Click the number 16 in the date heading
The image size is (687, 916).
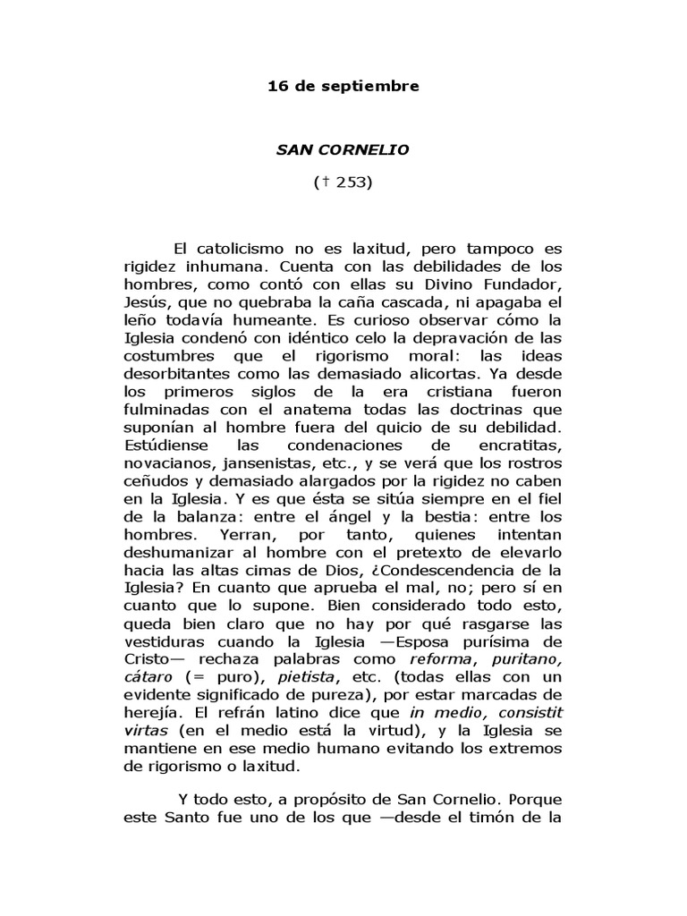tap(277, 87)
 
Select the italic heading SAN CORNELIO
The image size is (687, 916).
tap(343, 149)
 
